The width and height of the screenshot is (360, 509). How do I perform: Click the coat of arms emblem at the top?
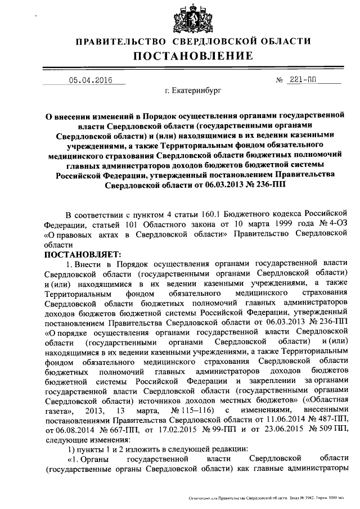coord(193,16)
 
